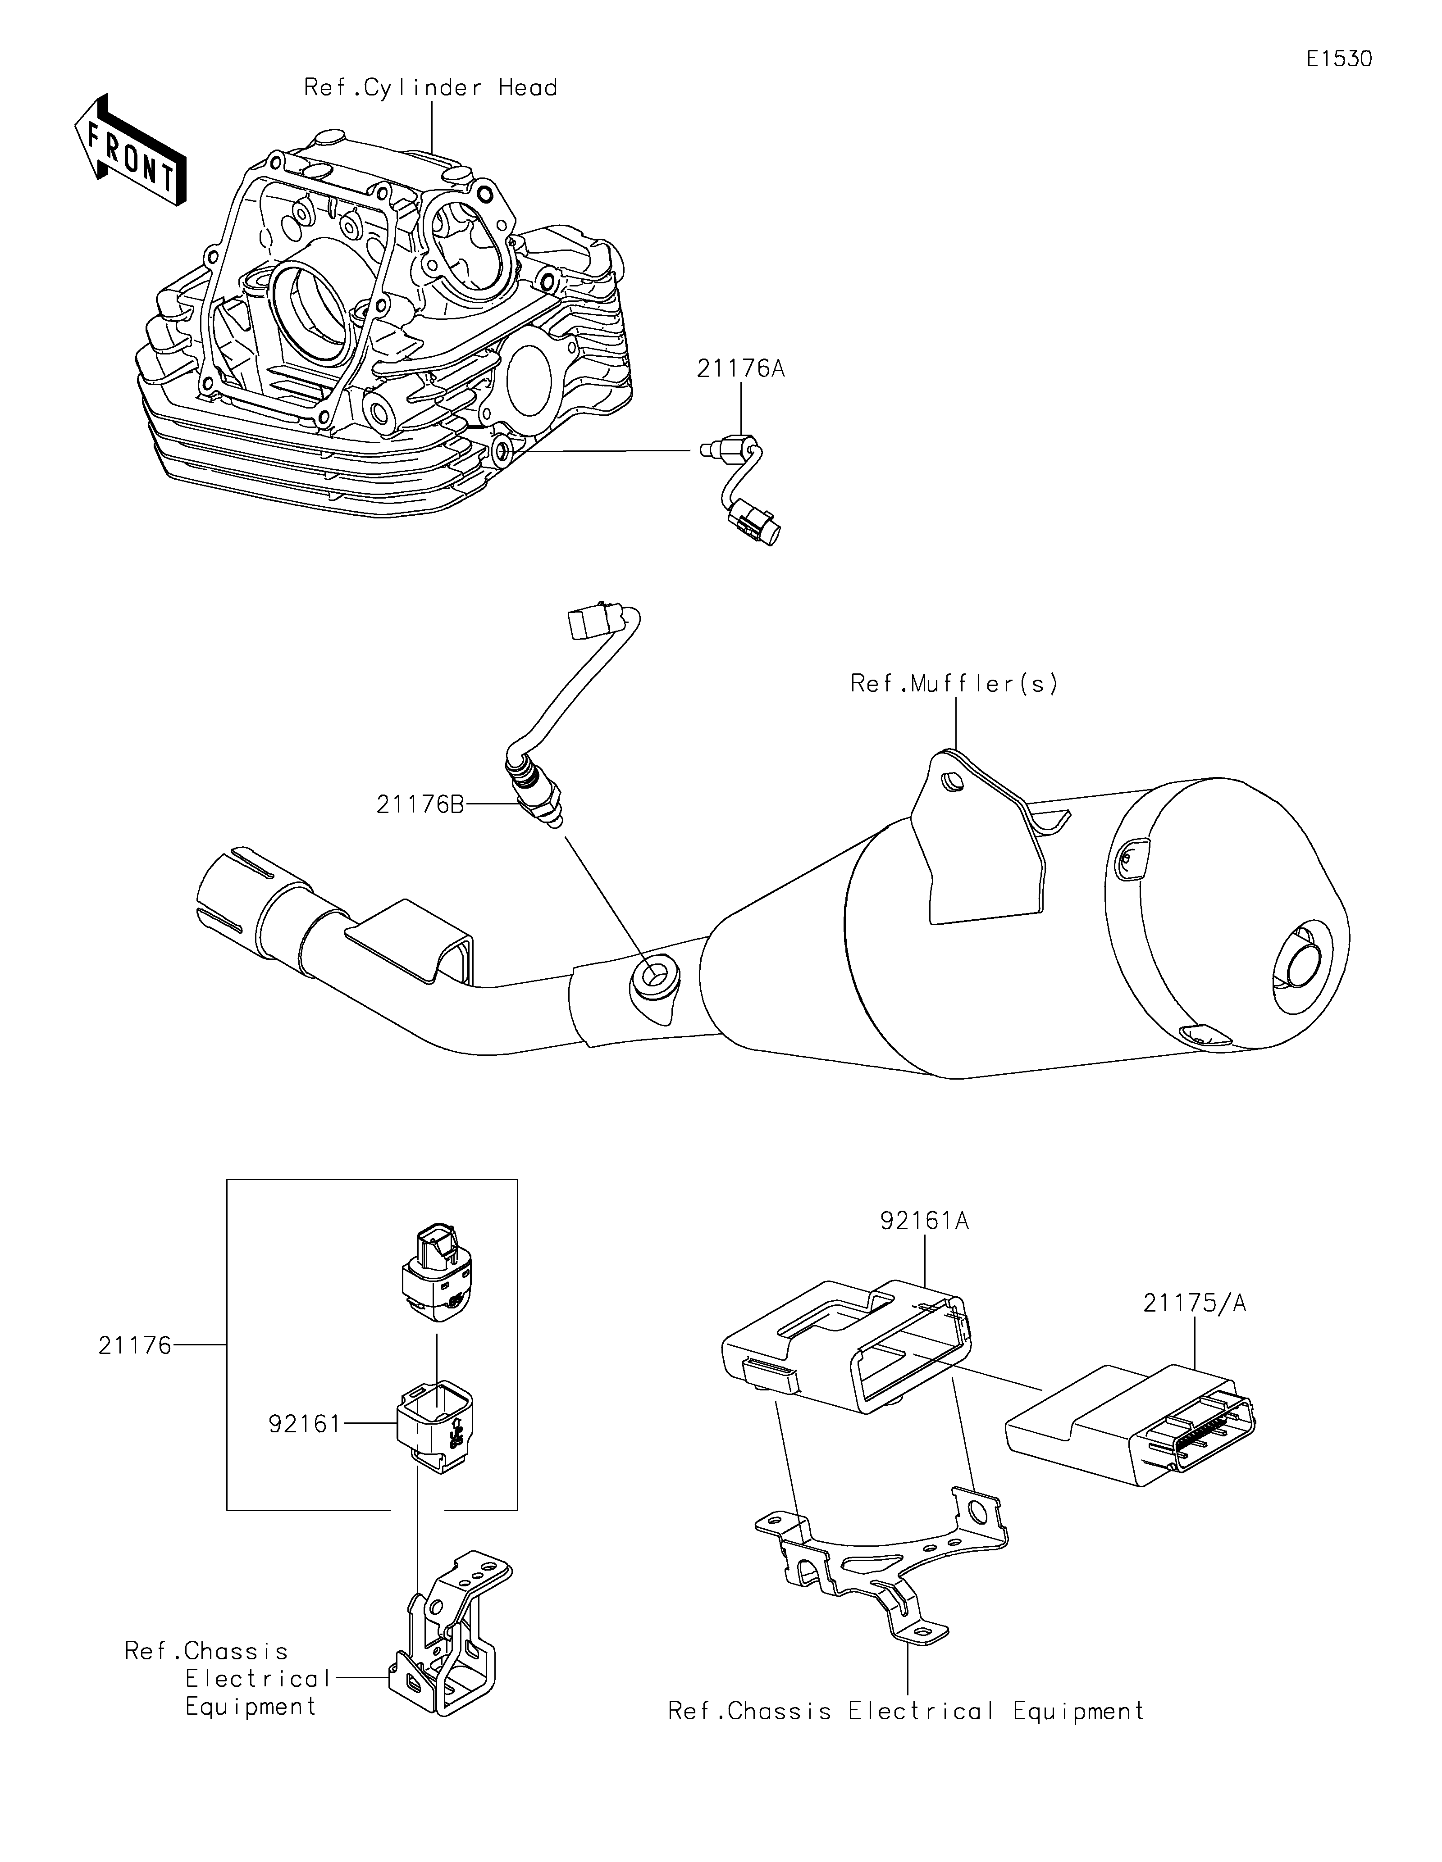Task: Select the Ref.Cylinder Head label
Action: (431, 88)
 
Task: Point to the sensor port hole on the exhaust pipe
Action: (654, 976)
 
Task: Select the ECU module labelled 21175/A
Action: (1130, 1421)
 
